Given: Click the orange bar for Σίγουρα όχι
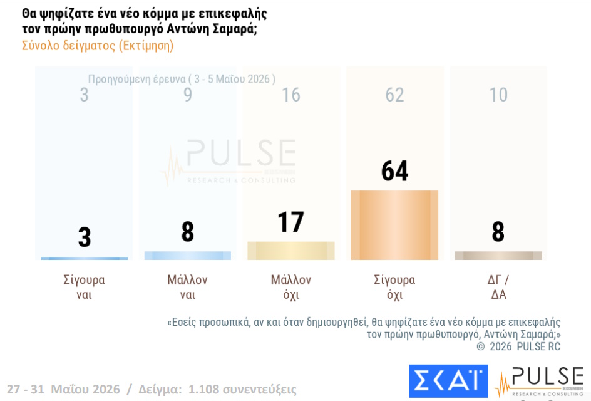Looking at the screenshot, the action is click(x=394, y=225).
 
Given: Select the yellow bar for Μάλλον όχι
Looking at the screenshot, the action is click(x=291, y=251).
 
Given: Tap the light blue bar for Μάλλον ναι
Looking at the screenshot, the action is click(x=188, y=256).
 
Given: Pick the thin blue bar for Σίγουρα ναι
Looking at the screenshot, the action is click(x=84, y=258).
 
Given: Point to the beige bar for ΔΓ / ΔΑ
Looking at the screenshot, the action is click(x=498, y=256).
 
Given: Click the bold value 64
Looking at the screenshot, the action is click(x=394, y=171).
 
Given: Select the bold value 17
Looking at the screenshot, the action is click(x=290, y=222).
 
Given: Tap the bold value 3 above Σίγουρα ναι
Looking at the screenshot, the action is click(x=85, y=237).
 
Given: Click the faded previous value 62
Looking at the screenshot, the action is click(x=394, y=95).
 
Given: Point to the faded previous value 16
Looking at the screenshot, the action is click(x=291, y=95).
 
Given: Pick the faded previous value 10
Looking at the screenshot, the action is click(x=498, y=95).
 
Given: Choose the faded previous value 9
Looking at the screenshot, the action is click(x=188, y=95).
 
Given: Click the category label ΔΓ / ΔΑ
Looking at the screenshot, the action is click(x=498, y=287).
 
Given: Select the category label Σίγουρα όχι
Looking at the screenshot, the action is click(x=394, y=287).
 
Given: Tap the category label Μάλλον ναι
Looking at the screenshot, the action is click(x=188, y=287).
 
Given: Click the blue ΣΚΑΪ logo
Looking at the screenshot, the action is click(x=448, y=381).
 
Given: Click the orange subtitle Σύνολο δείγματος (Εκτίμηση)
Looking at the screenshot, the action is click(x=98, y=46).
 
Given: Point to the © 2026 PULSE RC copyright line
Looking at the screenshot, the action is click(x=518, y=346).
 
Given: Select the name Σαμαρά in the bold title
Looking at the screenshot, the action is click(x=235, y=29).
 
